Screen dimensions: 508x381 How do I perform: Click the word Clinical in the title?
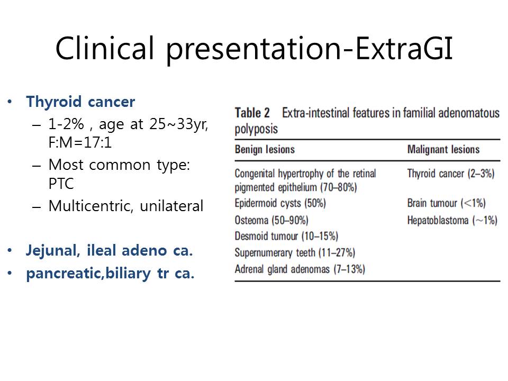(x=105, y=48)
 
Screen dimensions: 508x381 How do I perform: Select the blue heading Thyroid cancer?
(x=80, y=102)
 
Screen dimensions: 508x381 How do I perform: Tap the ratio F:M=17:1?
(x=80, y=142)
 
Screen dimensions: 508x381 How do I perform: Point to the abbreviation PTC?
(x=61, y=184)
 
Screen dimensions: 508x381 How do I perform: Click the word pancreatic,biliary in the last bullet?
(x=88, y=274)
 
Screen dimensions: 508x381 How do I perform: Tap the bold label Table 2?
(x=252, y=113)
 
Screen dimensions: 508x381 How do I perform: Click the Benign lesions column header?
(x=265, y=149)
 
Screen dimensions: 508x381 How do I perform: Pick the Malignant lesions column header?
(x=443, y=149)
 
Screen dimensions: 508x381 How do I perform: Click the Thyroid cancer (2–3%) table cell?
(x=451, y=174)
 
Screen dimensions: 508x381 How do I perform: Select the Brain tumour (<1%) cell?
(x=447, y=203)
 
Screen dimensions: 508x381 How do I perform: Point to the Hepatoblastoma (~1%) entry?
(x=452, y=220)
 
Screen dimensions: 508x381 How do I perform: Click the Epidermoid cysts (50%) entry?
(x=280, y=203)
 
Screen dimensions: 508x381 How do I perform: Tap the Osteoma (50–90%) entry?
(x=271, y=220)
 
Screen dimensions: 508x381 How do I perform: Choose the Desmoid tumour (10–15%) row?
(x=286, y=236)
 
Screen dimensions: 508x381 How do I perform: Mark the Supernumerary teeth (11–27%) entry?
(x=295, y=253)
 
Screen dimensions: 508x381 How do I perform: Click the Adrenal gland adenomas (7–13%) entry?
(x=300, y=269)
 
